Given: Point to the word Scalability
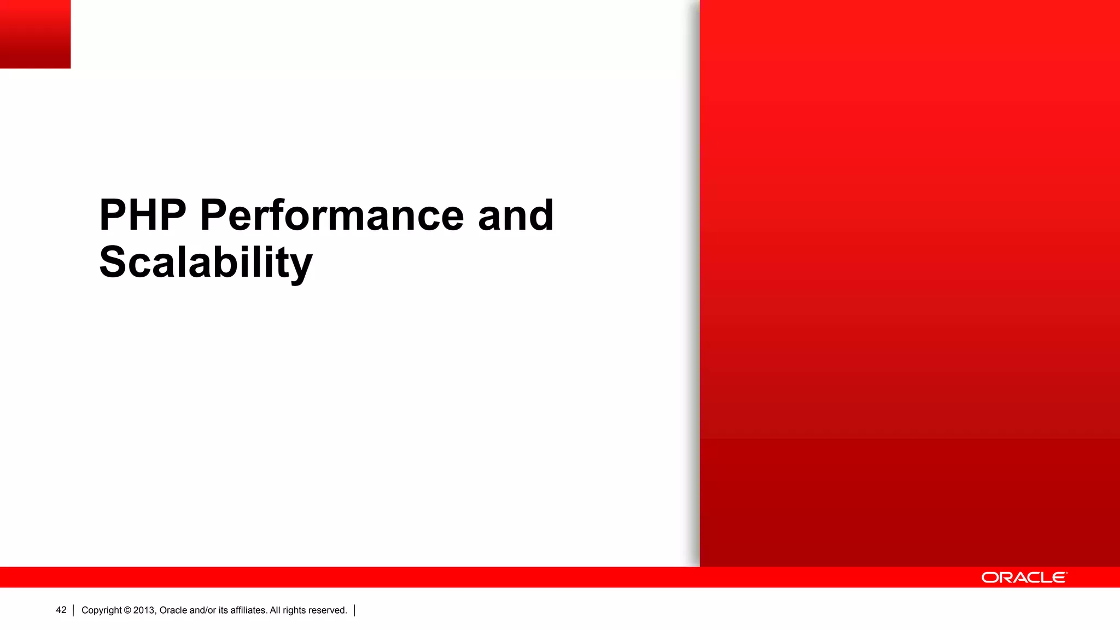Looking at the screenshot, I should coord(206,262).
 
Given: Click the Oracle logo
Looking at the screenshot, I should coord(1024,577).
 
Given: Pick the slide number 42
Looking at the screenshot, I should coord(61,610).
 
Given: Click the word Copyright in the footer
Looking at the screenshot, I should coord(102,610).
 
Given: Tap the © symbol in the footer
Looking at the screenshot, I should coord(127,610).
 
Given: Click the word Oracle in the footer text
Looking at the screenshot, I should coord(173,610).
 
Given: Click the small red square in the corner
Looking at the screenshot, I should coord(35,34).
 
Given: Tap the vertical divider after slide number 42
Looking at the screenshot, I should coord(73,610).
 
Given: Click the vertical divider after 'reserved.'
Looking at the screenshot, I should coord(354,610).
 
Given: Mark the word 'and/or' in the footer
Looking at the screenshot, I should coord(202,610).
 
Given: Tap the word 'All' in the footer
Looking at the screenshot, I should coord(275,610).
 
